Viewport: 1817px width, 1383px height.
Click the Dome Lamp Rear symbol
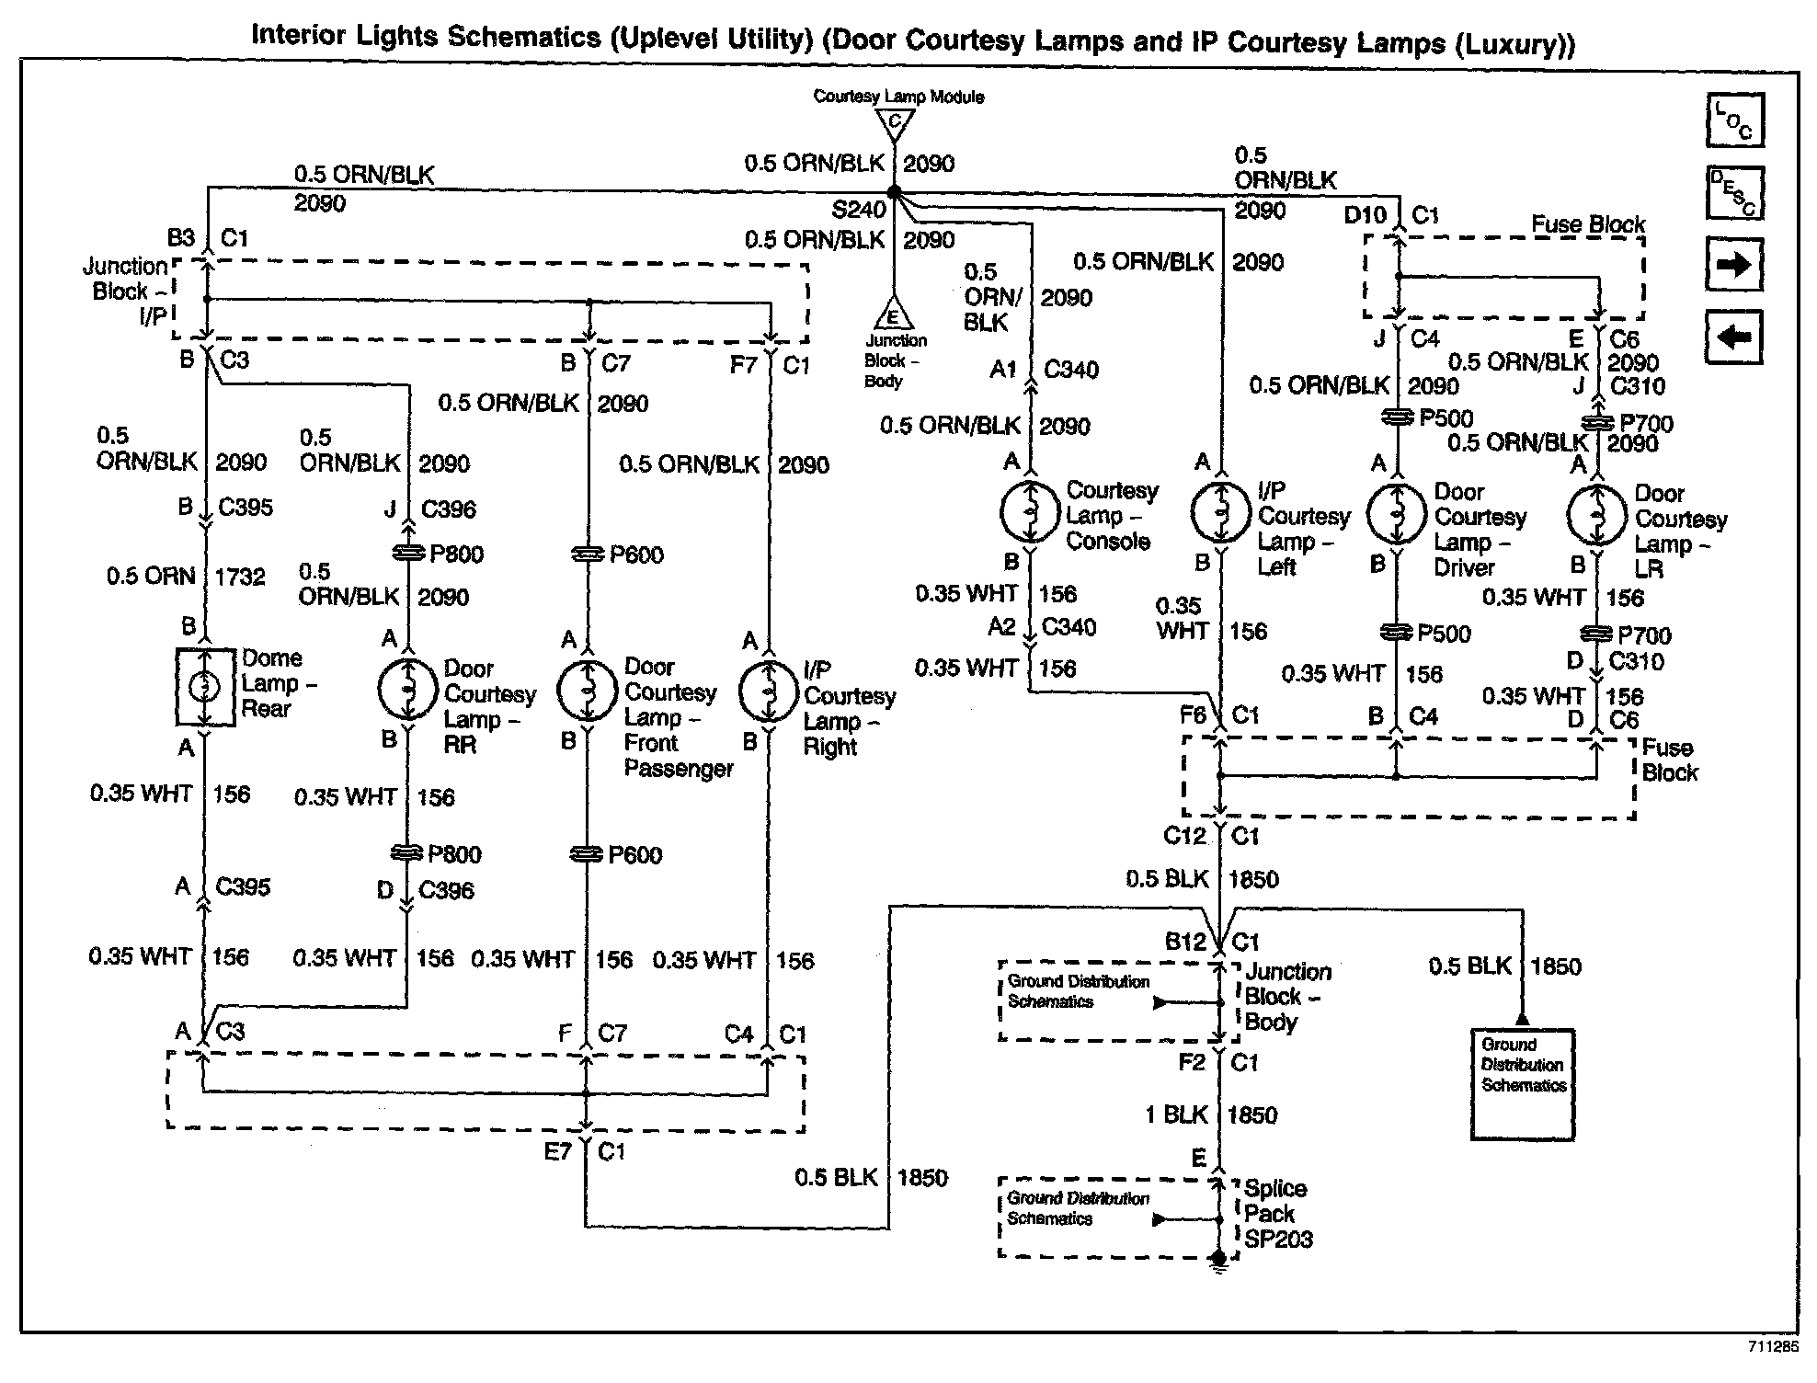tap(205, 687)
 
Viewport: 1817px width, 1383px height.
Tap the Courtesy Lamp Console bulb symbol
tap(1030, 512)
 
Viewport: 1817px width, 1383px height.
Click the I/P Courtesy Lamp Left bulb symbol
tap(1220, 513)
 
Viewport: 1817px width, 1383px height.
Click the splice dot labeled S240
tap(893, 193)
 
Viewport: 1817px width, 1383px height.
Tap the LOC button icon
tap(1734, 120)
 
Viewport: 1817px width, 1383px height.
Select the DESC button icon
tap(1734, 193)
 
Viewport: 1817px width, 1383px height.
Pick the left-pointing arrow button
tap(1734, 337)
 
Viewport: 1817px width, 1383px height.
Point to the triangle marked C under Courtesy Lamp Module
tap(895, 120)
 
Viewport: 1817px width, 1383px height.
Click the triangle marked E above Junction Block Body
tap(893, 315)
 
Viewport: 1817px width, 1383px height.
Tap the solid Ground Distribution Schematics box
tap(1523, 1084)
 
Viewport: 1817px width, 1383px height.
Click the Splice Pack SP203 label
tap(1278, 1214)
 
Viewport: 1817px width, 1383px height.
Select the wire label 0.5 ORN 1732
tap(185, 577)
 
